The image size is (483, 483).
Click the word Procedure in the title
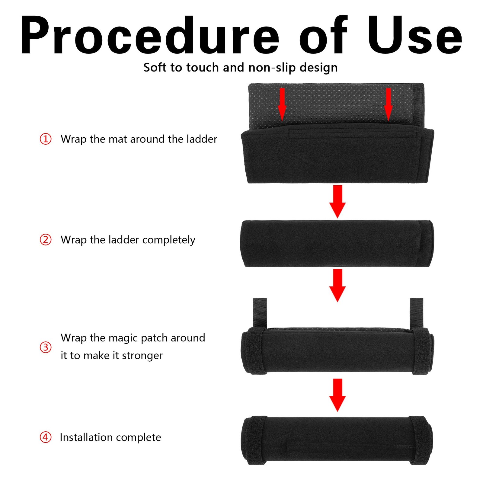pos(150,35)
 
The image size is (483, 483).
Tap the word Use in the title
pos(414,35)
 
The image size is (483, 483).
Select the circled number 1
pos(46,139)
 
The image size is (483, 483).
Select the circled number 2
pos(46,240)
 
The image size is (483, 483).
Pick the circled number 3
pos(46,347)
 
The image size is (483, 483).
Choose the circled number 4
pos(46,437)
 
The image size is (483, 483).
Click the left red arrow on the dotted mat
pos(282,104)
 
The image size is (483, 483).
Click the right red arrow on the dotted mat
pos(389,104)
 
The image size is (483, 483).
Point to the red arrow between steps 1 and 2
pos(337,202)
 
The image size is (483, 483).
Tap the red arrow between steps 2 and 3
pos(337,286)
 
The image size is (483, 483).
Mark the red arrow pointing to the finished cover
pos(337,395)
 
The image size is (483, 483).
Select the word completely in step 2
pos(169,240)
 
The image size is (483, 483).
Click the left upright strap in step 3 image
pos(260,313)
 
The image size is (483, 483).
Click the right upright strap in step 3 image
pos(417,313)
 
